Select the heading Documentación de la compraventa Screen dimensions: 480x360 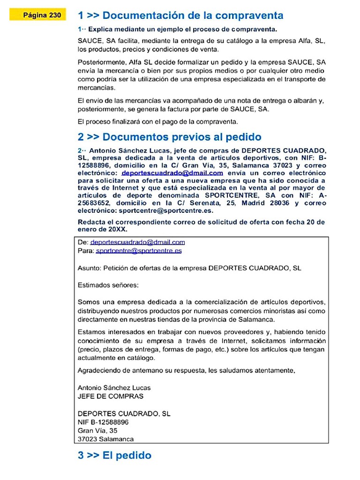point(180,15)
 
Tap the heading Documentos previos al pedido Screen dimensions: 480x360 point(169,137)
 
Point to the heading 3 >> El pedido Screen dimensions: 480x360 point(114,455)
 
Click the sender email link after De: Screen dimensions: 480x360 point(137,242)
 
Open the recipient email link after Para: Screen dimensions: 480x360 point(139,251)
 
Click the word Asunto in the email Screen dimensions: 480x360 point(88,268)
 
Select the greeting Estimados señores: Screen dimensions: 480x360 point(108,285)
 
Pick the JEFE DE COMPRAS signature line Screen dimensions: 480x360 point(111,396)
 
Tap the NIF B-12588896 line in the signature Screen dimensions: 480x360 point(103,422)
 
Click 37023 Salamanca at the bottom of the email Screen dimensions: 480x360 point(105,439)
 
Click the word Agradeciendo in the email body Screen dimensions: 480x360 point(100,370)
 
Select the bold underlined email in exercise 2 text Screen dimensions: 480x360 point(172,173)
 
